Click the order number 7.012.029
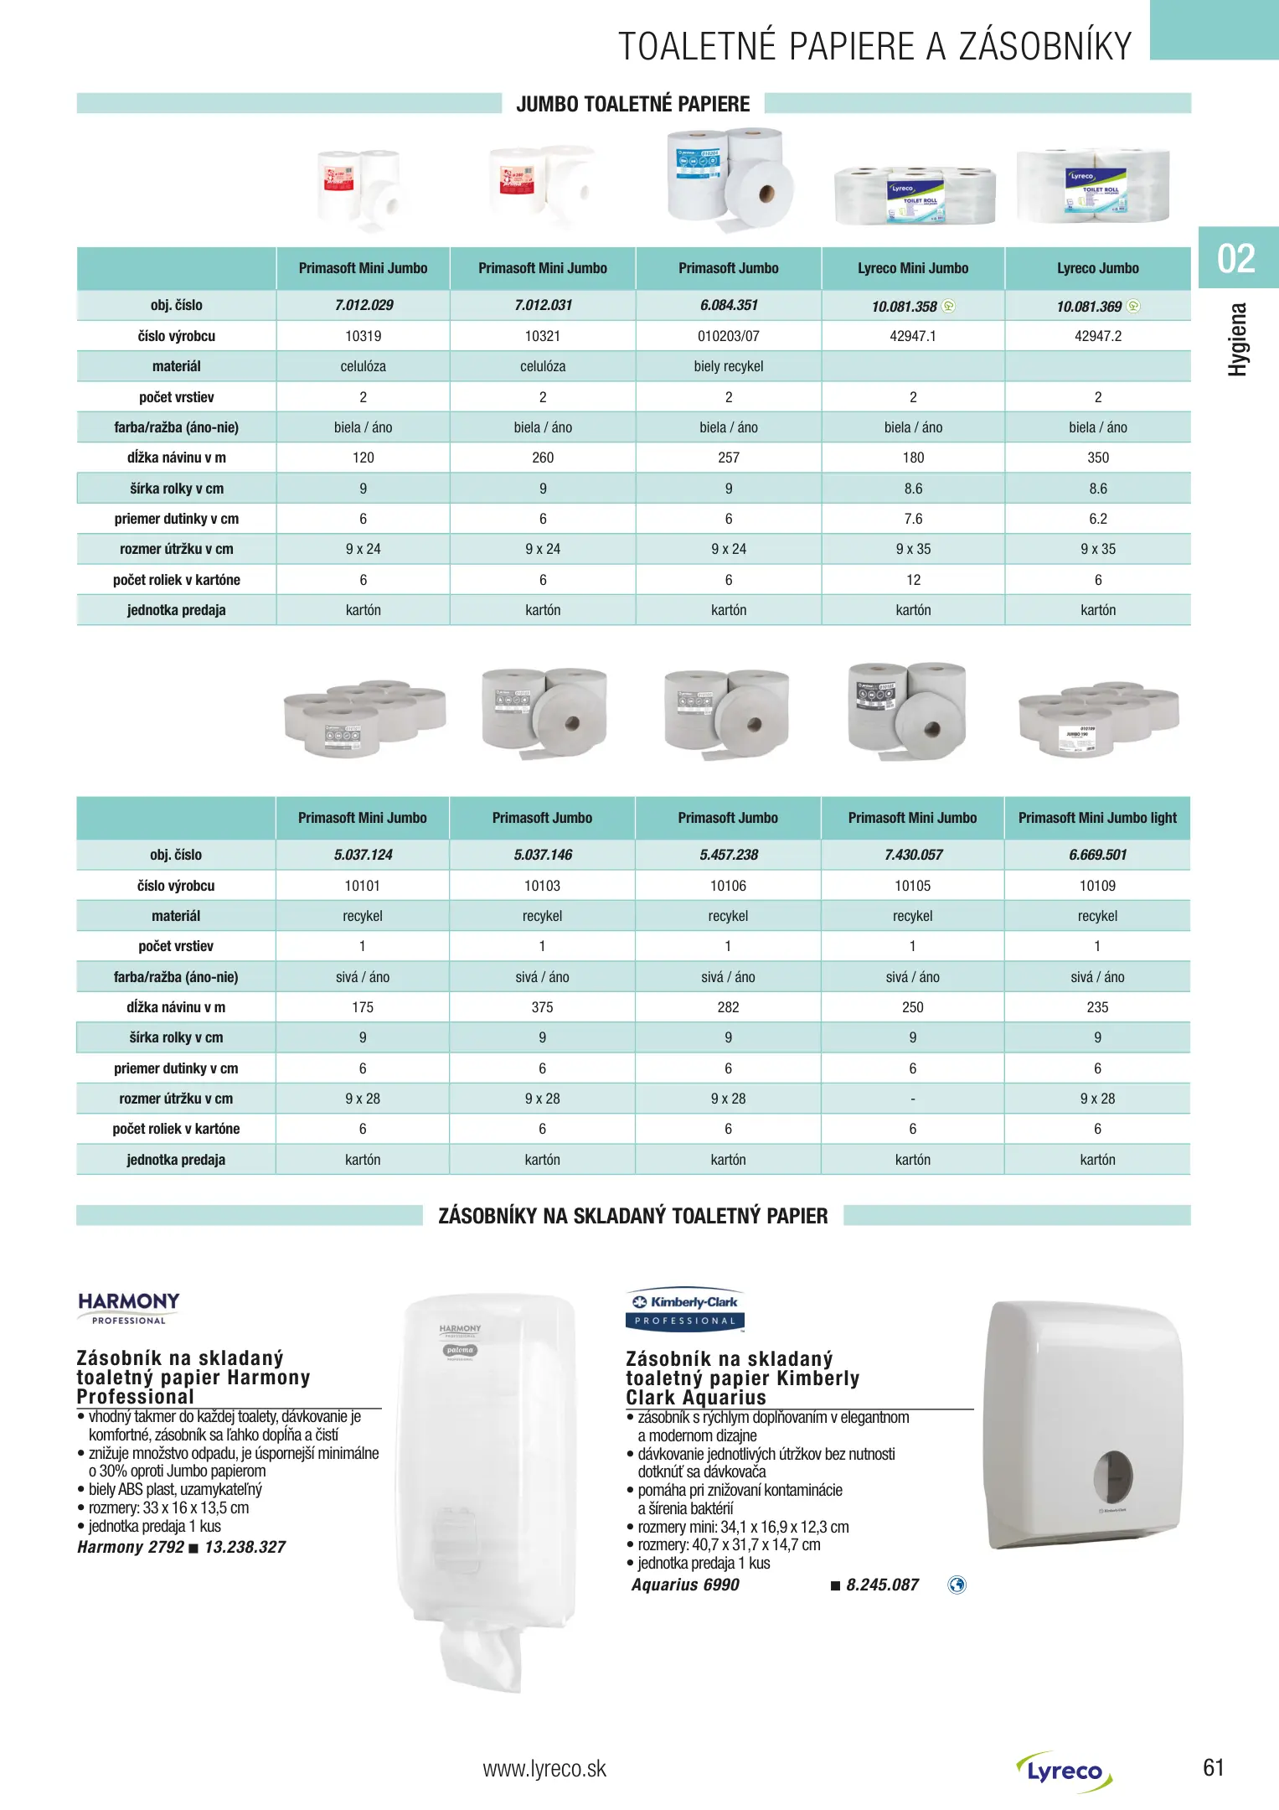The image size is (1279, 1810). [364, 305]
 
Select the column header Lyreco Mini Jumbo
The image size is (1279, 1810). [912, 268]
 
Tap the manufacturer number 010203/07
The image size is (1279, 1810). [728, 336]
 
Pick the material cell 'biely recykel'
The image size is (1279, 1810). [728, 366]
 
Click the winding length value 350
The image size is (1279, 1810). [1097, 458]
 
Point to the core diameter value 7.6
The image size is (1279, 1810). [913, 519]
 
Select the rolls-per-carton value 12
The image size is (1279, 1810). [913, 580]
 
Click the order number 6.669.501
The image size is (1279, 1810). [1097, 855]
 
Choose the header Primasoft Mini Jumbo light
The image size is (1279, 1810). [1097, 818]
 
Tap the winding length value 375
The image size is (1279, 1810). [542, 1007]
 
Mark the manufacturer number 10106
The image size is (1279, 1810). [728, 886]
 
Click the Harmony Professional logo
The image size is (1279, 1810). [129, 1307]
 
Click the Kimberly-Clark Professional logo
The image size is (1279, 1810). [685, 1310]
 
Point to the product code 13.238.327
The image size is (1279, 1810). [245, 1547]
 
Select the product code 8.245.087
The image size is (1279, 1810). [882, 1585]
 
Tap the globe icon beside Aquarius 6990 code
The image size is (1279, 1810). [957, 1585]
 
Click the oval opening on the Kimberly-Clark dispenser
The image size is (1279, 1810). [1113, 1476]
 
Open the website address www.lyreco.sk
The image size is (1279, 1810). [544, 1768]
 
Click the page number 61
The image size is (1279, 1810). [1213, 1767]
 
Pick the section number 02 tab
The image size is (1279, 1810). [1236, 258]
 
